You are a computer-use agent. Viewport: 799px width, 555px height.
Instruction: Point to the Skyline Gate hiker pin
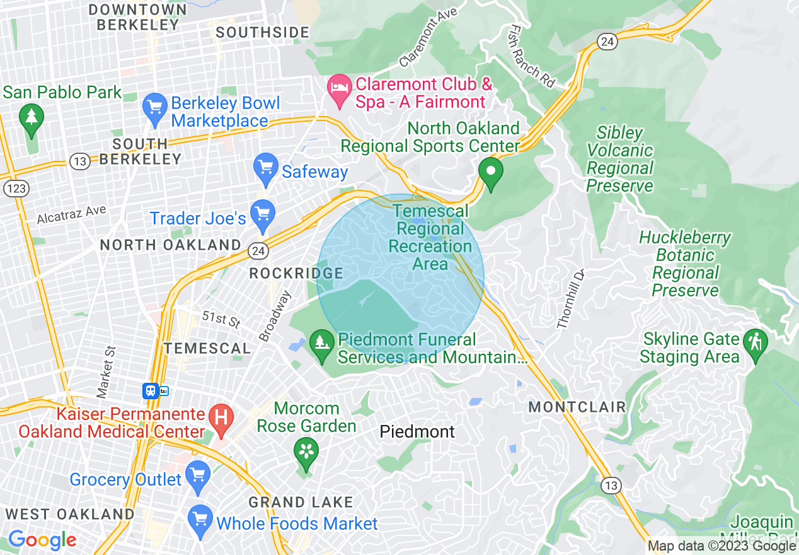755,344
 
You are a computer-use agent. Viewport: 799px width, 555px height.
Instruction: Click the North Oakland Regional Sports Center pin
490,173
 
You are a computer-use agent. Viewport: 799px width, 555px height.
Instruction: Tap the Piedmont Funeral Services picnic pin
323,345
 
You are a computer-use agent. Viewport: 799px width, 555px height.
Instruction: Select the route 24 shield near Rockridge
260,251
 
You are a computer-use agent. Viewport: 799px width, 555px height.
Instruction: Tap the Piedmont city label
417,432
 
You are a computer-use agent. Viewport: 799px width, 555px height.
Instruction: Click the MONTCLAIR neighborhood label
577,407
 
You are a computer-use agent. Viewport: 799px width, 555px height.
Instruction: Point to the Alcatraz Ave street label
71,214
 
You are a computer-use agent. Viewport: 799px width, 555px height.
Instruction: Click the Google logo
42,540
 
